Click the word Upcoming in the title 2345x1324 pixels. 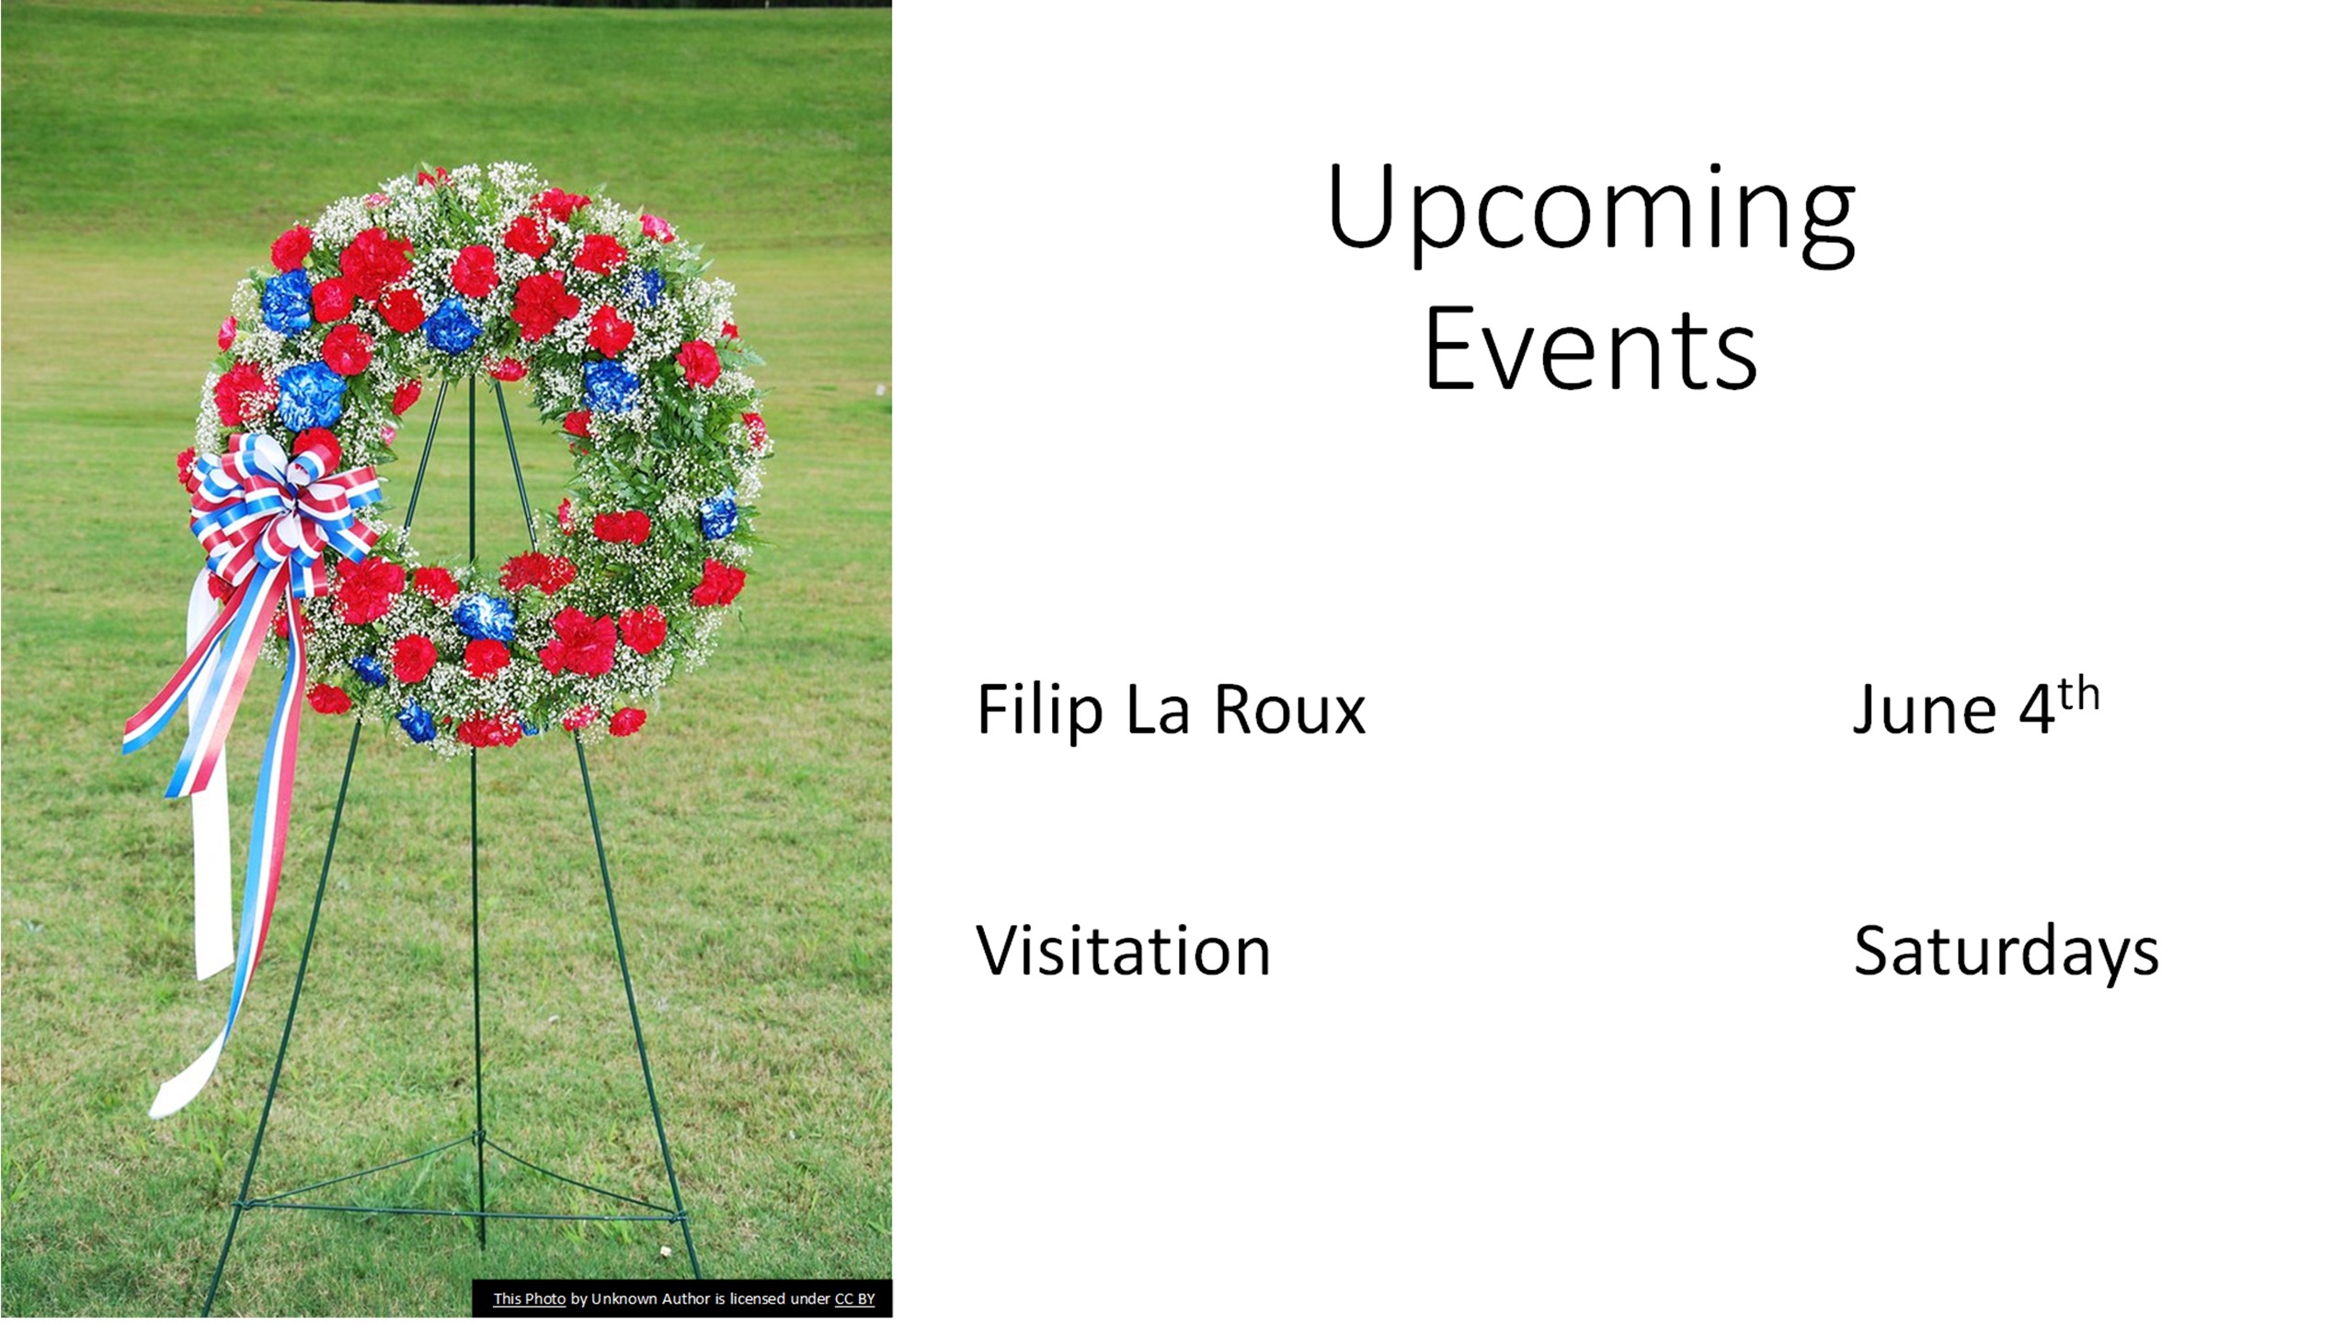coord(1591,215)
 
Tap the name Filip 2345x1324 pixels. coord(1039,710)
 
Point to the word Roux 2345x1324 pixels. coord(1289,710)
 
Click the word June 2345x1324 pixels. coord(1923,710)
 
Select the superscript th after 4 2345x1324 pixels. coord(2078,694)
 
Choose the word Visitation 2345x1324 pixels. coord(1122,951)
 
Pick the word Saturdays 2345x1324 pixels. coord(2006,953)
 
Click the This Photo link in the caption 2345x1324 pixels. coord(529,1298)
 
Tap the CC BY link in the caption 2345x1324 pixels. coord(854,1298)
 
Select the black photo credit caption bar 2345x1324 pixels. coord(682,1298)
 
